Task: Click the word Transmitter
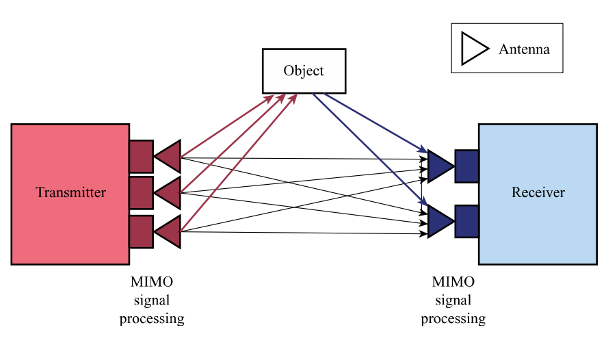(x=70, y=192)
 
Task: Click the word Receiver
(x=538, y=192)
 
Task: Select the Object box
(x=304, y=70)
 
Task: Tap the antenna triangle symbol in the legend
(x=473, y=49)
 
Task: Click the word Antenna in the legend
(x=524, y=49)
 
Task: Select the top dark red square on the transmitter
(x=141, y=157)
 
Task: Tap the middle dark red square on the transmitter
(x=141, y=193)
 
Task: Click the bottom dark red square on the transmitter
(x=141, y=232)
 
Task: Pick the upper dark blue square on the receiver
(x=466, y=166)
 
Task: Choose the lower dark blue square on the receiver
(x=466, y=220)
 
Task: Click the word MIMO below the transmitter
(x=151, y=282)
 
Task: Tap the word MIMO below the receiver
(x=453, y=282)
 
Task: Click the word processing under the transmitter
(x=151, y=318)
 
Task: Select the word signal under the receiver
(x=453, y=300)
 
